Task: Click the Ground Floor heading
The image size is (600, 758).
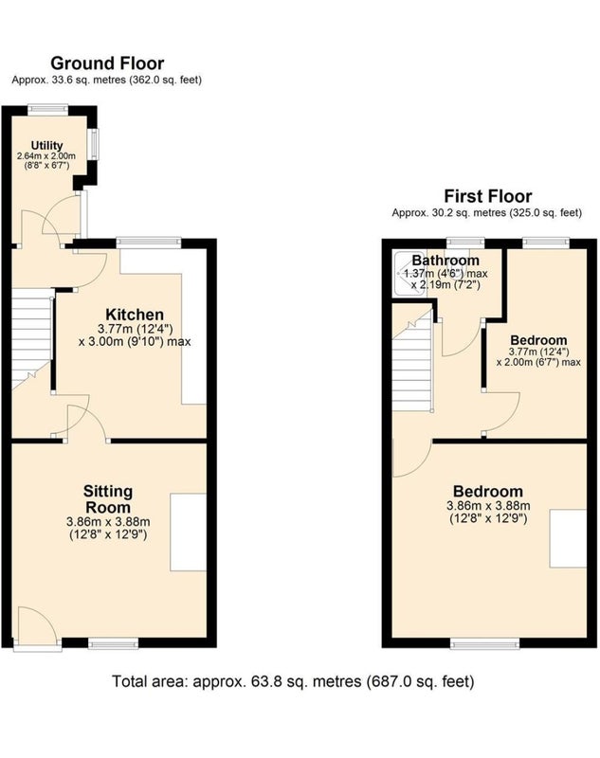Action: tap(107, 63)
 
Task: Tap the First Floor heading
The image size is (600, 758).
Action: tap(488, 196)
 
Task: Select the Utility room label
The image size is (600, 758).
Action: tap(46, 146)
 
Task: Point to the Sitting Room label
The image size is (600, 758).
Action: tap(107, 499)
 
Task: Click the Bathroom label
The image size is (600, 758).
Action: tap(445, 260)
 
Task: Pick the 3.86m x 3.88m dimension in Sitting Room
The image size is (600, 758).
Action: tap(108, 522)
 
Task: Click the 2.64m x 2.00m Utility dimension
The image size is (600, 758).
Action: tap(46, 156)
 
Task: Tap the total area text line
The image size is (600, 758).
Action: tap(293, 681)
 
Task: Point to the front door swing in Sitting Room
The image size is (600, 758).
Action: tap(39, 624)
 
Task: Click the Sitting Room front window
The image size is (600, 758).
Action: tap(114, 643)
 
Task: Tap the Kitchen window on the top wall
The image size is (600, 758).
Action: tap(149, 244)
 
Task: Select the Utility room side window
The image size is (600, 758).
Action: tap(93, 144)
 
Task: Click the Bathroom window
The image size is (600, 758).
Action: tap(465, 244)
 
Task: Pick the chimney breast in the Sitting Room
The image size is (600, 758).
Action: tap(188, 532)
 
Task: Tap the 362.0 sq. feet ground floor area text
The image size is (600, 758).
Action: tap(165, 80)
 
